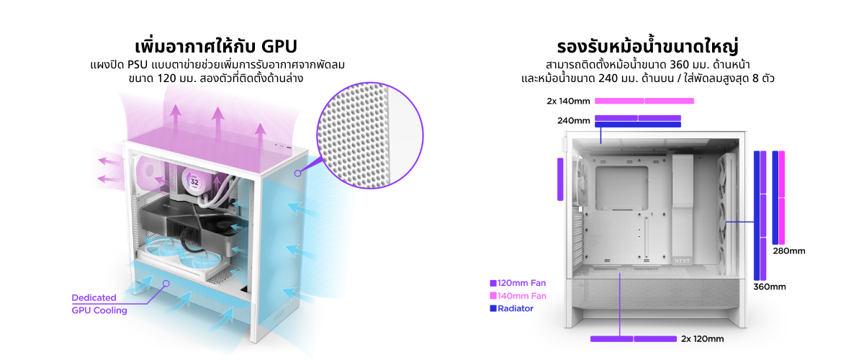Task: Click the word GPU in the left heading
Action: point(279,47)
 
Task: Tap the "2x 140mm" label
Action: point(568,101)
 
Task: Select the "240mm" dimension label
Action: point(574,121)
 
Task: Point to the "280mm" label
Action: point(789,251)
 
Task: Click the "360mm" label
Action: point(770,287)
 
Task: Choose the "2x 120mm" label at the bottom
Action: point(702,339)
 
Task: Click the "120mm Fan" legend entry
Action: point(518,283)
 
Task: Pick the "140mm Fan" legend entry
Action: point(518,296)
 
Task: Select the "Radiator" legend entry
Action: point(512,308)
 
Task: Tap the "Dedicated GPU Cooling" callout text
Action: point(99,304)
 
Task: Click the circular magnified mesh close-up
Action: point(370,135)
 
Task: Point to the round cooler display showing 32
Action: point(194,181)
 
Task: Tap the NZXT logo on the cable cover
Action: point(682,261)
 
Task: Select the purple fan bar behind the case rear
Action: point(560,179)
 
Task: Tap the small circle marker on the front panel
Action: point(298,174)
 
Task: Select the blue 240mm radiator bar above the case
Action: point(638,125)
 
